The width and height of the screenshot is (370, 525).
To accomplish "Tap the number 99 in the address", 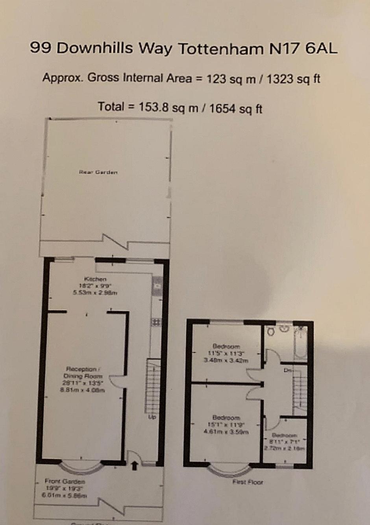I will coord(41,48).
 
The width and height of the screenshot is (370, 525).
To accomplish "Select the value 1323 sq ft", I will coord(293,79).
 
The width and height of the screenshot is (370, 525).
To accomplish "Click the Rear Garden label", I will coord(98,172).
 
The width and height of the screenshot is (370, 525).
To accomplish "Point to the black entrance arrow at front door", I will coord(134,466).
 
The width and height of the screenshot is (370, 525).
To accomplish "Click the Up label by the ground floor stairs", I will coord(152,417).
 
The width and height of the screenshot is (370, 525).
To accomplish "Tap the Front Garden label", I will coord(65,481).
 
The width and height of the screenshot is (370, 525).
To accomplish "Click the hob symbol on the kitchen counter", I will coord(155,322).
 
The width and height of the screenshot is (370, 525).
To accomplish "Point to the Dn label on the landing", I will coord(287,370).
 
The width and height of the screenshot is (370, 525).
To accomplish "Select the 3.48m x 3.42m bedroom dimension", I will coord(226,360).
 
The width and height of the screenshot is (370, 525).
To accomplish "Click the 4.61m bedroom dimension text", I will coord(226,432).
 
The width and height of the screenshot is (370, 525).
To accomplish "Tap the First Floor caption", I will coord(248,482).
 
